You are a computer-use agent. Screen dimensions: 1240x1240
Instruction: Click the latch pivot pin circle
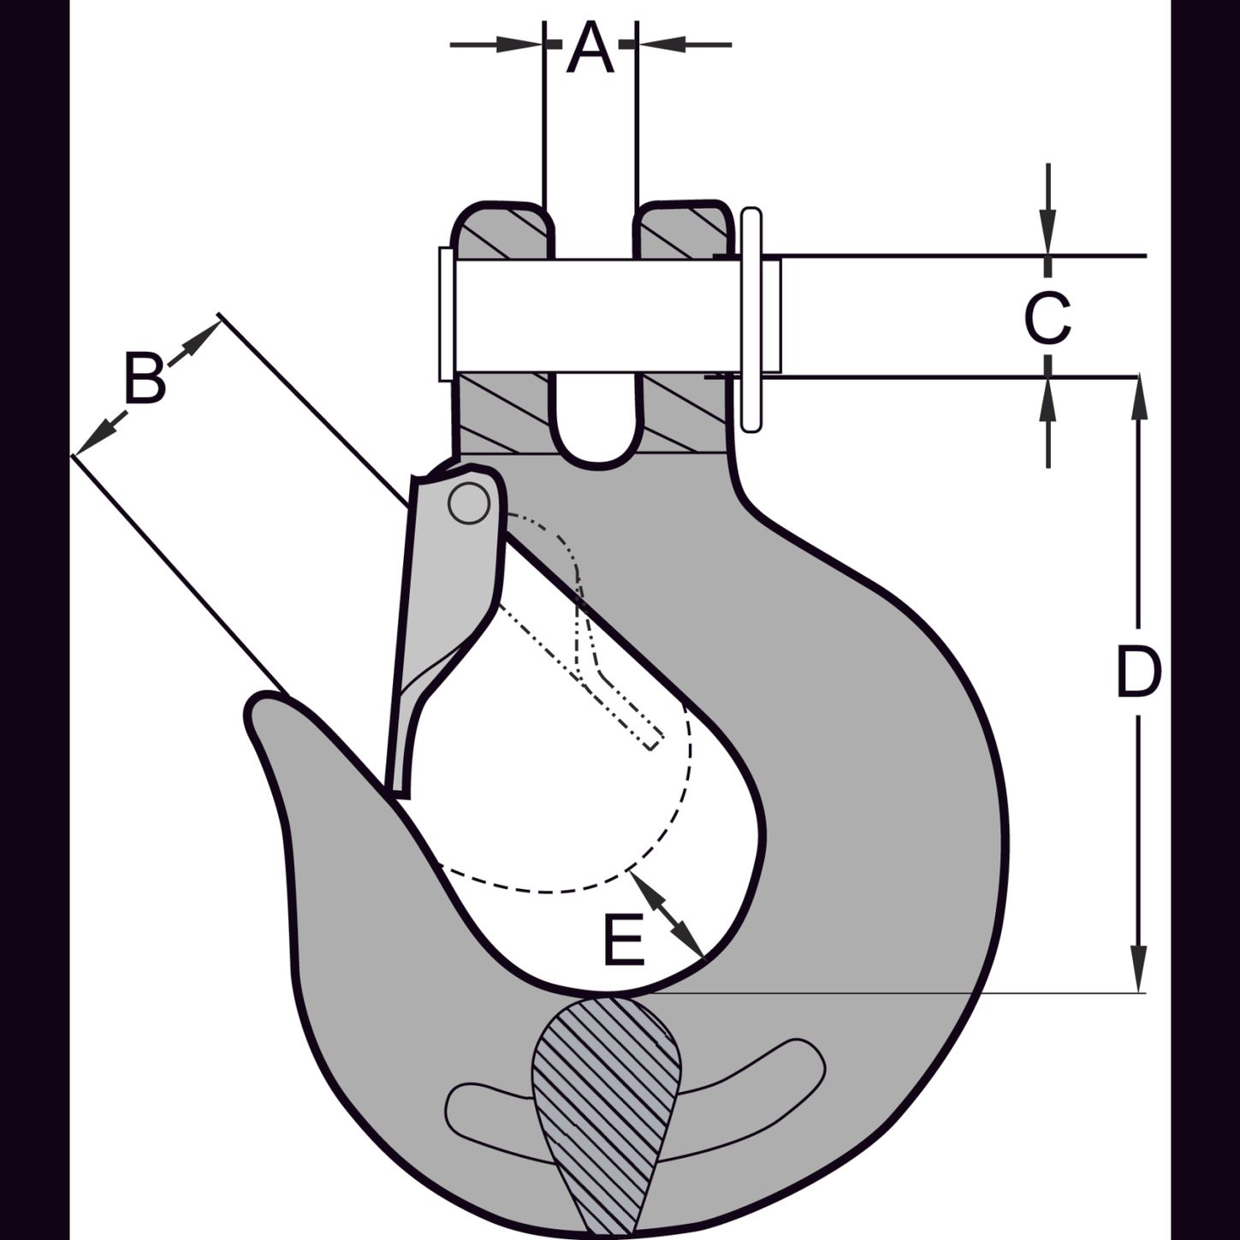[x=468, y=503]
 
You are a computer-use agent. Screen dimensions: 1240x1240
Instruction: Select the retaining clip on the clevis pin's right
[x=751, y=320]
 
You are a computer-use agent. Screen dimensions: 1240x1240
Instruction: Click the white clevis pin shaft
[x=608, y=316]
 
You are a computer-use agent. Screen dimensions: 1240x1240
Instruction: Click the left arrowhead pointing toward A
[x=519, y=44]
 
